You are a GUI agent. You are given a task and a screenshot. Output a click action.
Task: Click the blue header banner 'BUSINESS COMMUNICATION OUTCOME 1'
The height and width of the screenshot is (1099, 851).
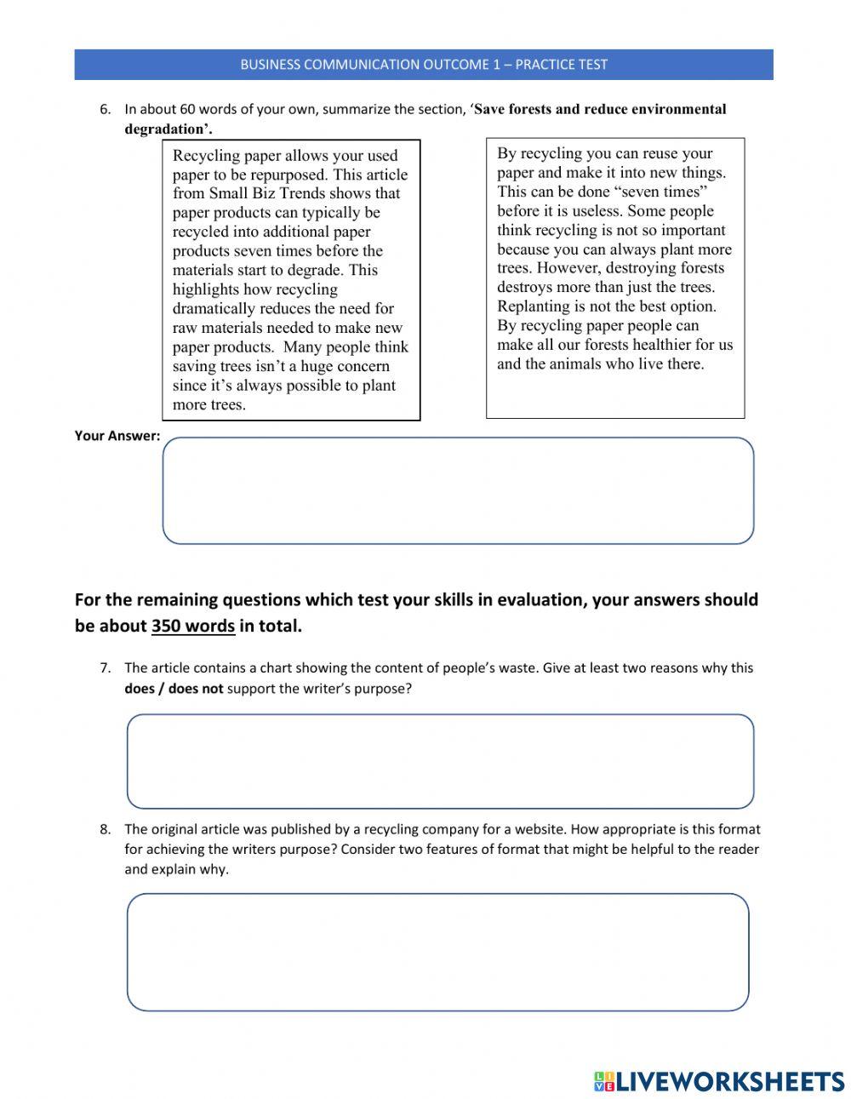point(424,65)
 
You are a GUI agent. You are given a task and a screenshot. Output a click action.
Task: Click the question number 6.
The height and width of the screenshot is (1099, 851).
point(105,109)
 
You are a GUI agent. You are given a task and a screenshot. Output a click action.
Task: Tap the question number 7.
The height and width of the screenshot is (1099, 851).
point(105,668)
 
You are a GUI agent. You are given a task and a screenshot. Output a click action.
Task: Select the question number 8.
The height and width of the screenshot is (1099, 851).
point(105,829)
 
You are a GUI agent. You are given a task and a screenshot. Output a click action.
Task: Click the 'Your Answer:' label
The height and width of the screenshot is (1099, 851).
point(117,436)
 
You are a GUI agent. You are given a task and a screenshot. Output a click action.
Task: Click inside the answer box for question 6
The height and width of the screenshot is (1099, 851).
point(458,490)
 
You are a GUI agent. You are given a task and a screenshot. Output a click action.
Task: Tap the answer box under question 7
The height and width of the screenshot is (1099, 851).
point(440,761)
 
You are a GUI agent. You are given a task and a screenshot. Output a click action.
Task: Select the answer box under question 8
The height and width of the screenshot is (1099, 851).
point(437,952)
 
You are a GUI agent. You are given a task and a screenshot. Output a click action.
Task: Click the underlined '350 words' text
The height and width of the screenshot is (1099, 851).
point(193,627)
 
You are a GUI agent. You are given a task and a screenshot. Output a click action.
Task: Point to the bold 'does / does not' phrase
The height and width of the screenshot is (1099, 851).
point(174,689)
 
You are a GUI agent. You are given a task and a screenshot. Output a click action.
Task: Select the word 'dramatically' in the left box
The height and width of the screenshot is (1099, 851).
point(214,308)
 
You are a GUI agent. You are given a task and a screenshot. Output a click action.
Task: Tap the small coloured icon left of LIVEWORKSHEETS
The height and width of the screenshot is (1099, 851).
point(603,1081)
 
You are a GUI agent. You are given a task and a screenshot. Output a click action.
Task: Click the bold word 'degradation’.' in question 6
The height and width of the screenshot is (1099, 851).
point(168,129)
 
